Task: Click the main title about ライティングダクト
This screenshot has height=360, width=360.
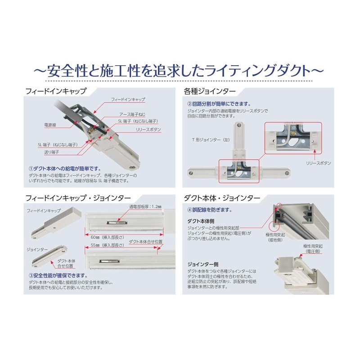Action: click(180, 71)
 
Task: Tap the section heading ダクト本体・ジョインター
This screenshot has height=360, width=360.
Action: click(221, 198)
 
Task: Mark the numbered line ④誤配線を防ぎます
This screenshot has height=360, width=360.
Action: click(209, 210)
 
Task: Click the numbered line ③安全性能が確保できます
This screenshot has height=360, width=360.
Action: click(57, 275)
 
